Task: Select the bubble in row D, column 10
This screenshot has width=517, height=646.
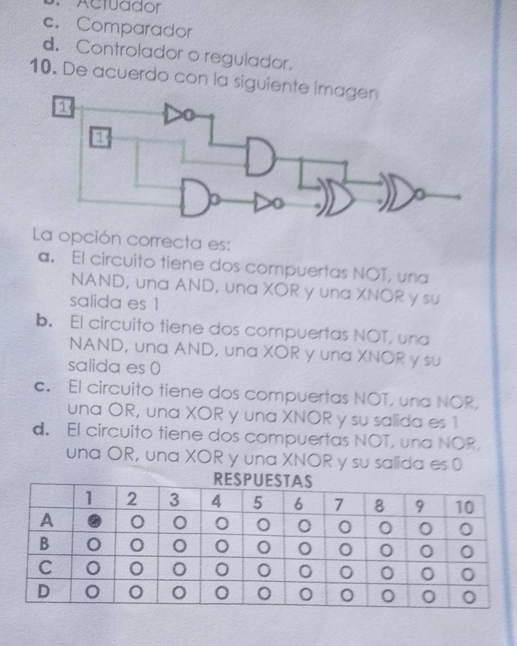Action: click(x=467, y=596)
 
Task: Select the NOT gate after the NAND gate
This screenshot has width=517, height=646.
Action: click(x=265, y=201)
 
